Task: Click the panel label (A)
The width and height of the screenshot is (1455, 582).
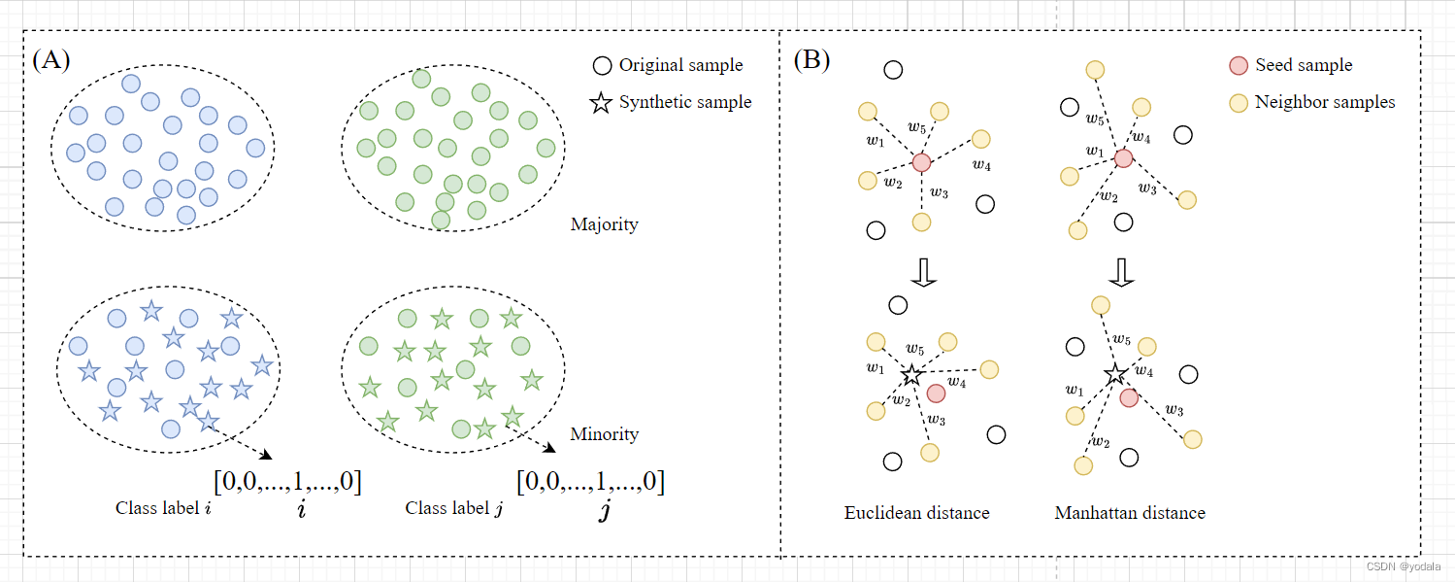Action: click(x=51, y=59)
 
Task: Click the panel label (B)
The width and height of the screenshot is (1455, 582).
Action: click(x=811, y=59)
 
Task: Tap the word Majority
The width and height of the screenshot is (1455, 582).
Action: click(x=604, y=224)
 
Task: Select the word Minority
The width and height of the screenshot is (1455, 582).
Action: click(x=604, y=433)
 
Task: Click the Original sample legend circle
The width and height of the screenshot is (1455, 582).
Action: click(x=602, y=65)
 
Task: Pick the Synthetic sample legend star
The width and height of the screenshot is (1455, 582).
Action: click(x=601, y=102)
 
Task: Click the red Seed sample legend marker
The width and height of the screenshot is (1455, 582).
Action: click(x=1239, y=66)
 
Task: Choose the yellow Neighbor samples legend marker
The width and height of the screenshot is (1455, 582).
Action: click(x=1239, y=103)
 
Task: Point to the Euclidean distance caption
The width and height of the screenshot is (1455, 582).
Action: click(x=916, y=513)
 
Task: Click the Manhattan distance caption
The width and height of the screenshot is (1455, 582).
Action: click(x=1130, y=513)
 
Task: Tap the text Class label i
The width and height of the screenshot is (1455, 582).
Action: click(x=163, y=508)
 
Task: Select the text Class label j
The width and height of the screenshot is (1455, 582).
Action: click(x=454, y=508)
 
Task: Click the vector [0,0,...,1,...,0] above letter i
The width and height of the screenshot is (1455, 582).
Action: click(x=287, y=481)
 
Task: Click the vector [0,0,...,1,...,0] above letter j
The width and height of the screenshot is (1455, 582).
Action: click(x=590, y=481)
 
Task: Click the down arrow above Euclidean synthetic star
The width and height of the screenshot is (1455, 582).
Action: click(x=923, y=272)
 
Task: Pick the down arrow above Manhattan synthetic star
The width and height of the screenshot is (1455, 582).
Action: click(x=1121, y=272)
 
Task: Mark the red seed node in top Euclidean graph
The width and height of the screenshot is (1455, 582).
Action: click(x=921, y=162)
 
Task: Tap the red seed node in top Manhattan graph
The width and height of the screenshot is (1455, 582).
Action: click(x=1124, y=158)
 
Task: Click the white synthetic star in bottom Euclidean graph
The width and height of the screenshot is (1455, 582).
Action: click(x=912, y=375)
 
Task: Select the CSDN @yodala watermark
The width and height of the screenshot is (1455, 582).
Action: click(x=1403, y=566)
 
